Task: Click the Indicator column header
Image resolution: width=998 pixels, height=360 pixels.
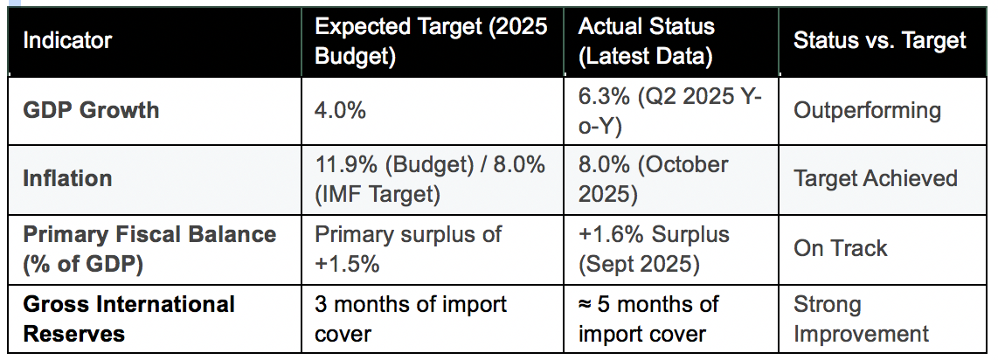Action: click(67, 40)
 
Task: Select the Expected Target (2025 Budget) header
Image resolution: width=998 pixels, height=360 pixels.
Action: click(432, 40)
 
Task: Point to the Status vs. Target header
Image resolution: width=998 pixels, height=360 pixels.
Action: click(879, 40)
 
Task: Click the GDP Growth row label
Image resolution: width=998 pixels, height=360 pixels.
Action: click(91, 110)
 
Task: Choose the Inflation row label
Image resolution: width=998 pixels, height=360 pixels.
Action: click(67, 178)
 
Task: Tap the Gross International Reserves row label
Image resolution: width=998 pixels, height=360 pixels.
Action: click(128, 319)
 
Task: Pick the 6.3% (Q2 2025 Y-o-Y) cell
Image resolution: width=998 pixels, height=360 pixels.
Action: click(669, 110)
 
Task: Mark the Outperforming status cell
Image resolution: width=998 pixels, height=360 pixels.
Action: click(867, 111)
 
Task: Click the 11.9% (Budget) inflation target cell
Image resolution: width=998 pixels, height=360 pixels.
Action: click(429, 178)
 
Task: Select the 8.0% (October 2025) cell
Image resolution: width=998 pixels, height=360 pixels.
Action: click(653, 178)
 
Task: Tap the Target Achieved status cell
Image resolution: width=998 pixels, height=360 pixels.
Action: click(875, 178)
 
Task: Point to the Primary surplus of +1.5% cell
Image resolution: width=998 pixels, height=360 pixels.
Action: click(407, 248)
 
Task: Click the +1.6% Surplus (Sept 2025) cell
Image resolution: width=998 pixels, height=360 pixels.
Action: click(653, 248)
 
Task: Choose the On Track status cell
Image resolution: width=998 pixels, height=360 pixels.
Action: click(840, 248)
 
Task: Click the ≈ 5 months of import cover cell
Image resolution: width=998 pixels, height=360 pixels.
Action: click(648, 319)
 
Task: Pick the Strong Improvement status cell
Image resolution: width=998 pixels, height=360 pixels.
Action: click(861, 319)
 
